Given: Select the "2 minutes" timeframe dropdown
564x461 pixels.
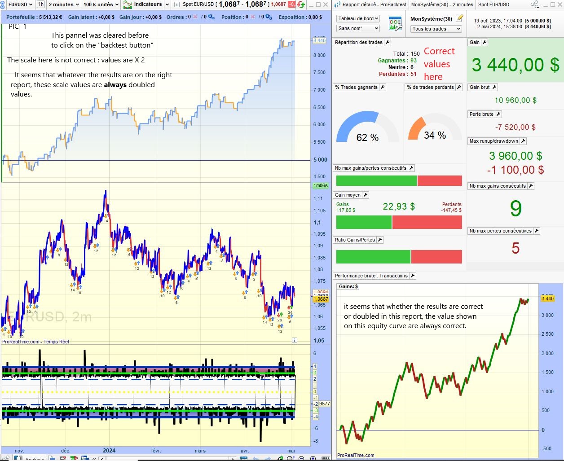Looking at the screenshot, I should click(x=64, y=4).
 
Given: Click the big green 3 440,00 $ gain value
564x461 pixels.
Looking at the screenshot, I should click(x=516, y=65).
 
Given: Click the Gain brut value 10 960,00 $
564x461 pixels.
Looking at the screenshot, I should click(x=516, y=100).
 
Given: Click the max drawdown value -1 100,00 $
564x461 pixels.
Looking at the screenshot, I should click(x=516, y=170).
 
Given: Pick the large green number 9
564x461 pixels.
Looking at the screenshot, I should click(x=516, y=209).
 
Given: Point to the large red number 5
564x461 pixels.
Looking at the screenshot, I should click(x=516, y=248).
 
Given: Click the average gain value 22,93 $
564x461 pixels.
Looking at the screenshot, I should click(x=399, y=206).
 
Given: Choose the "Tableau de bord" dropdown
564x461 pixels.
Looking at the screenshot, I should click(x=358, y=18).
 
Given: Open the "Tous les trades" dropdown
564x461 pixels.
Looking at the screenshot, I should click(x=436, y=29).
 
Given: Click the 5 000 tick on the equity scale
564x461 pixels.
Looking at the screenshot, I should click(x=320, y=160).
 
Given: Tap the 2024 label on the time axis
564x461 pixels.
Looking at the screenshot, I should click(x=109, y=451).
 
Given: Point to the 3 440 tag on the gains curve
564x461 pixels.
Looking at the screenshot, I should click(x=548, y=299).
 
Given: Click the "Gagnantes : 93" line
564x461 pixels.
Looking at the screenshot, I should click(x=397, y=61).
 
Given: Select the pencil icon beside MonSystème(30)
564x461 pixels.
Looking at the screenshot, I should click(x=459, y=18).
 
